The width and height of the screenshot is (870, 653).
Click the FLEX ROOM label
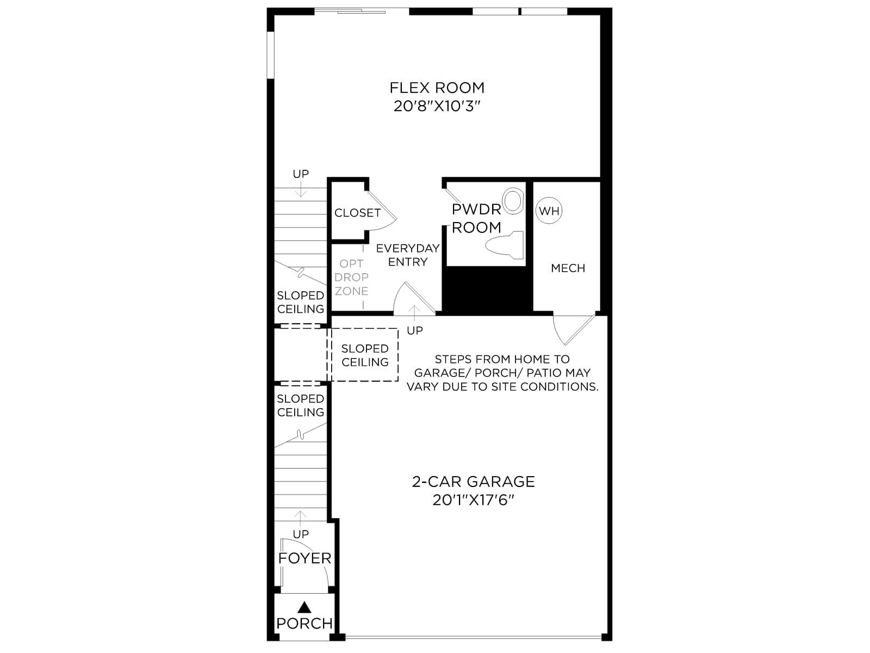click(437, 88)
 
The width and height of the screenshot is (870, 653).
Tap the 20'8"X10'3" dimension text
click(437, 106)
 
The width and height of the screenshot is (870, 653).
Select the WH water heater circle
click(549, 211)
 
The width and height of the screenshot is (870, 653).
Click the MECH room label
click(568, 268)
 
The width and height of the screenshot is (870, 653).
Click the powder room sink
click(513, 201)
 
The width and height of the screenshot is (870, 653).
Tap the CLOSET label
click(357, 213)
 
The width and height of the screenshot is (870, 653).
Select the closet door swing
click(382, 211)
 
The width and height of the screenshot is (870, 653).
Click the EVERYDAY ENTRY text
click(408, 255)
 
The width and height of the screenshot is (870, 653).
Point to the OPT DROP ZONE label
click(351, 277)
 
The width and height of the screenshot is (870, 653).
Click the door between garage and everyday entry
click(414, 298)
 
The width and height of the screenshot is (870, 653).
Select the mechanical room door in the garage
click(574, 329)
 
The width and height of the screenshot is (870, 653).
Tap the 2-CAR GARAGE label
click(473, 482)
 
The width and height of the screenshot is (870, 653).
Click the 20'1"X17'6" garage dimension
click(473, 500)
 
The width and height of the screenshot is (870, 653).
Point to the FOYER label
click(304, 558)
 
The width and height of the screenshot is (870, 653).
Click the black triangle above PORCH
click(304, 607)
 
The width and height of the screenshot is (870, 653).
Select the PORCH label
click(304, 624)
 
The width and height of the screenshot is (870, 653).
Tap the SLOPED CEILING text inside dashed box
click(365, 355)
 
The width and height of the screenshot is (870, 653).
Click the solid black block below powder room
click(487, 291)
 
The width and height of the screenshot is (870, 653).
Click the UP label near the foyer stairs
click(301, 534)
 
